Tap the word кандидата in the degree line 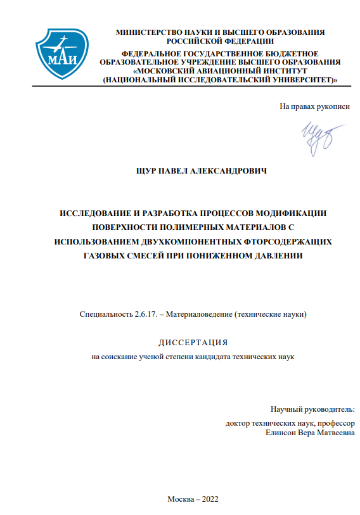(216, 357)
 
